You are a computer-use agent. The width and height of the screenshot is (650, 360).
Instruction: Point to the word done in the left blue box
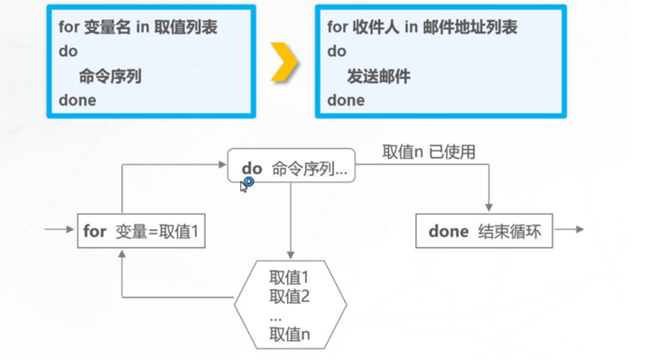[x=77, y=100]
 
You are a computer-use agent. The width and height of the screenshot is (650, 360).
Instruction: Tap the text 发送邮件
[x=378, y=77]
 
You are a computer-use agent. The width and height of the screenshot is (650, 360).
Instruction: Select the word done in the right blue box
[x=346, y=100]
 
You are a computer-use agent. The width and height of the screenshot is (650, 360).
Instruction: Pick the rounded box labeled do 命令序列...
[x=292, y=168]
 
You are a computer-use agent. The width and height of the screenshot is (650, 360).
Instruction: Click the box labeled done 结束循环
[x=484, y=231]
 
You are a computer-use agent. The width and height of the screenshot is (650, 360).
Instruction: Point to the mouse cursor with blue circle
[x=246, y=183]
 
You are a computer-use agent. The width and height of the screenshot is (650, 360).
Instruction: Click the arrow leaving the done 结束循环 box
[x=570, y=230]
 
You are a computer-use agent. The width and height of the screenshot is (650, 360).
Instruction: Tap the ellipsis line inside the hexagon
[x=275, y=317]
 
